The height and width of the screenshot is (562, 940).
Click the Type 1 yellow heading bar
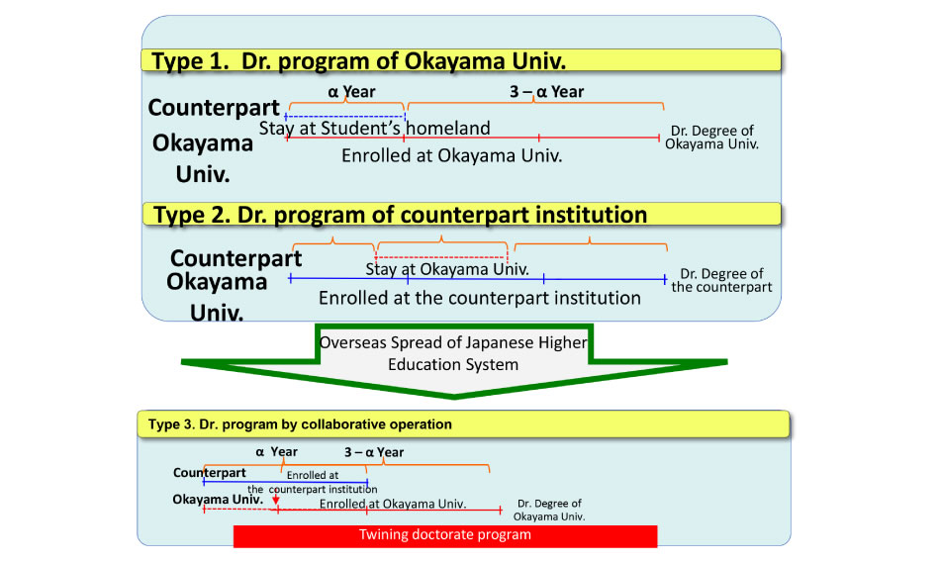pos(461,60)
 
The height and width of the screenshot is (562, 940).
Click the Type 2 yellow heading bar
pos(462,214)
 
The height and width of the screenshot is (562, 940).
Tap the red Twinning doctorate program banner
pos(445,535)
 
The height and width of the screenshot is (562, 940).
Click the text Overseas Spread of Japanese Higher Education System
pos(453,353)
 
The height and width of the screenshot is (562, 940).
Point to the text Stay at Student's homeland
pos(375,129)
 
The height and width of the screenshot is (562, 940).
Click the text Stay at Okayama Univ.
pos(447,269)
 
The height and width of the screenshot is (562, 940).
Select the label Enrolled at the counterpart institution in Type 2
pos(480,298)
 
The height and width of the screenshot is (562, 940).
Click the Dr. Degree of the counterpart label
pos(721,280)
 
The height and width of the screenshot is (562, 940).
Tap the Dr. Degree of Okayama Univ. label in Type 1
pos(712,138)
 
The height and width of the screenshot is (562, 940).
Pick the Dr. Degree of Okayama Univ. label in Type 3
pos(549,510)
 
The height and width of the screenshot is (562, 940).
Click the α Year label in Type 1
pos(351,92)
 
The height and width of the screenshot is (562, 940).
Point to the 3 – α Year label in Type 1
pos(547,92)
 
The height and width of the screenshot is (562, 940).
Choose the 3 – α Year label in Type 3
pos(374,452)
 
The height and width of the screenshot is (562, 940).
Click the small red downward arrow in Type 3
pos(275,499)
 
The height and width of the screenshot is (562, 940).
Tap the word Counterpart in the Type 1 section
pos(214,108)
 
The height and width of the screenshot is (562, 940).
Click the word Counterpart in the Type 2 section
pos(236,258)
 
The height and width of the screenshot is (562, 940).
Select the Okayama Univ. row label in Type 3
pos(218,499)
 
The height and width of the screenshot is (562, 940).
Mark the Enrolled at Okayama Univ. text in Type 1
pos(452,156)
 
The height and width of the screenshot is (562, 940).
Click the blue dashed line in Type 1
pos(345,117)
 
